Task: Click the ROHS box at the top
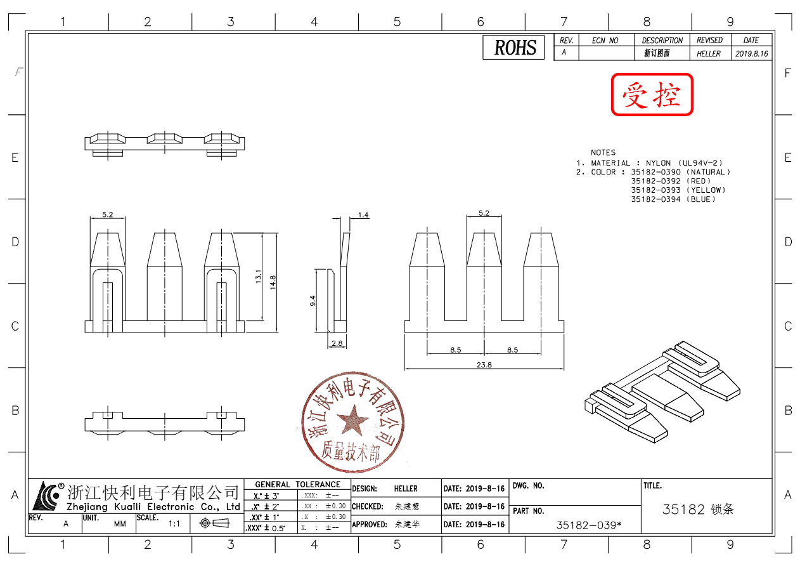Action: [513, 48]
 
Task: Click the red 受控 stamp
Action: [652, 95]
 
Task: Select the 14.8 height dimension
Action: [273, 281]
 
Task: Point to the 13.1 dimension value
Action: [258, 277]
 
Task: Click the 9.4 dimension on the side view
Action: [313, 300]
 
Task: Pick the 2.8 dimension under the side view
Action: [337, 343]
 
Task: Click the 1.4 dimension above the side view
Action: [363, 215]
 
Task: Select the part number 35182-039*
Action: [588, 525]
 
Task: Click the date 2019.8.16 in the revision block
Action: [752, 54]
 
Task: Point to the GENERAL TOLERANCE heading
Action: [297, 484]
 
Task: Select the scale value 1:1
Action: [174, 524]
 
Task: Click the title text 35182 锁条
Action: [697, 510]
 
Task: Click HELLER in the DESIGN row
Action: [406, 489]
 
